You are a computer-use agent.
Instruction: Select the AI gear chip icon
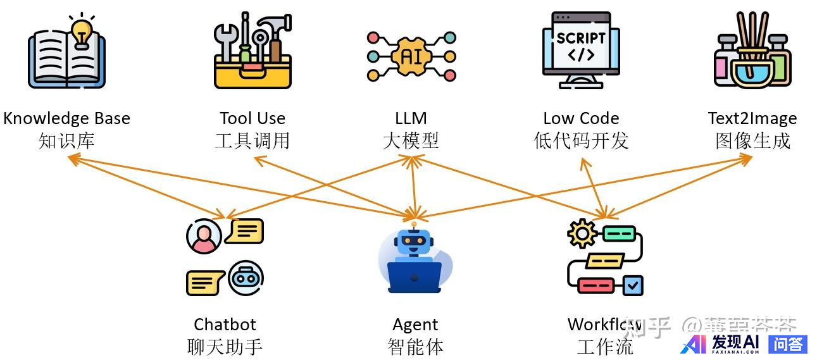(x=411, y=56)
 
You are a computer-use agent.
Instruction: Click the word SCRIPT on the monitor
(x=581, y=37)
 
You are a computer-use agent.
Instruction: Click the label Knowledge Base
(x=66, y=118)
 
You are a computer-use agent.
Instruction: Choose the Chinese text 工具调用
(x=253, y=140)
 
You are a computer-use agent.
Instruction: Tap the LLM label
(x=411, y=118)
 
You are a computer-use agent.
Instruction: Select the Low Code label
(x=581, y=118)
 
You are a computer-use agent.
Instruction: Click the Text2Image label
(x=752, y=118)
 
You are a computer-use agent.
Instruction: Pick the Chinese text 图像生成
(x=752, y=140)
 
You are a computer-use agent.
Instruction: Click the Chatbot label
(x=225, y=325)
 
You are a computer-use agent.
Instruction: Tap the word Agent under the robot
(x=415, y=325)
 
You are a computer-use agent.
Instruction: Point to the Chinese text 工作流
(x=604, y=347)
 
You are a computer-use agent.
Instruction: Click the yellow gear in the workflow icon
(x=582, y=233)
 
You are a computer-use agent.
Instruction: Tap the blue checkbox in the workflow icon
(x=633, y=285)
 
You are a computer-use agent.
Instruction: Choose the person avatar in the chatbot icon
(x=204, y=237)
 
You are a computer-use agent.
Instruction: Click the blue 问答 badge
(x=788, y=344)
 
